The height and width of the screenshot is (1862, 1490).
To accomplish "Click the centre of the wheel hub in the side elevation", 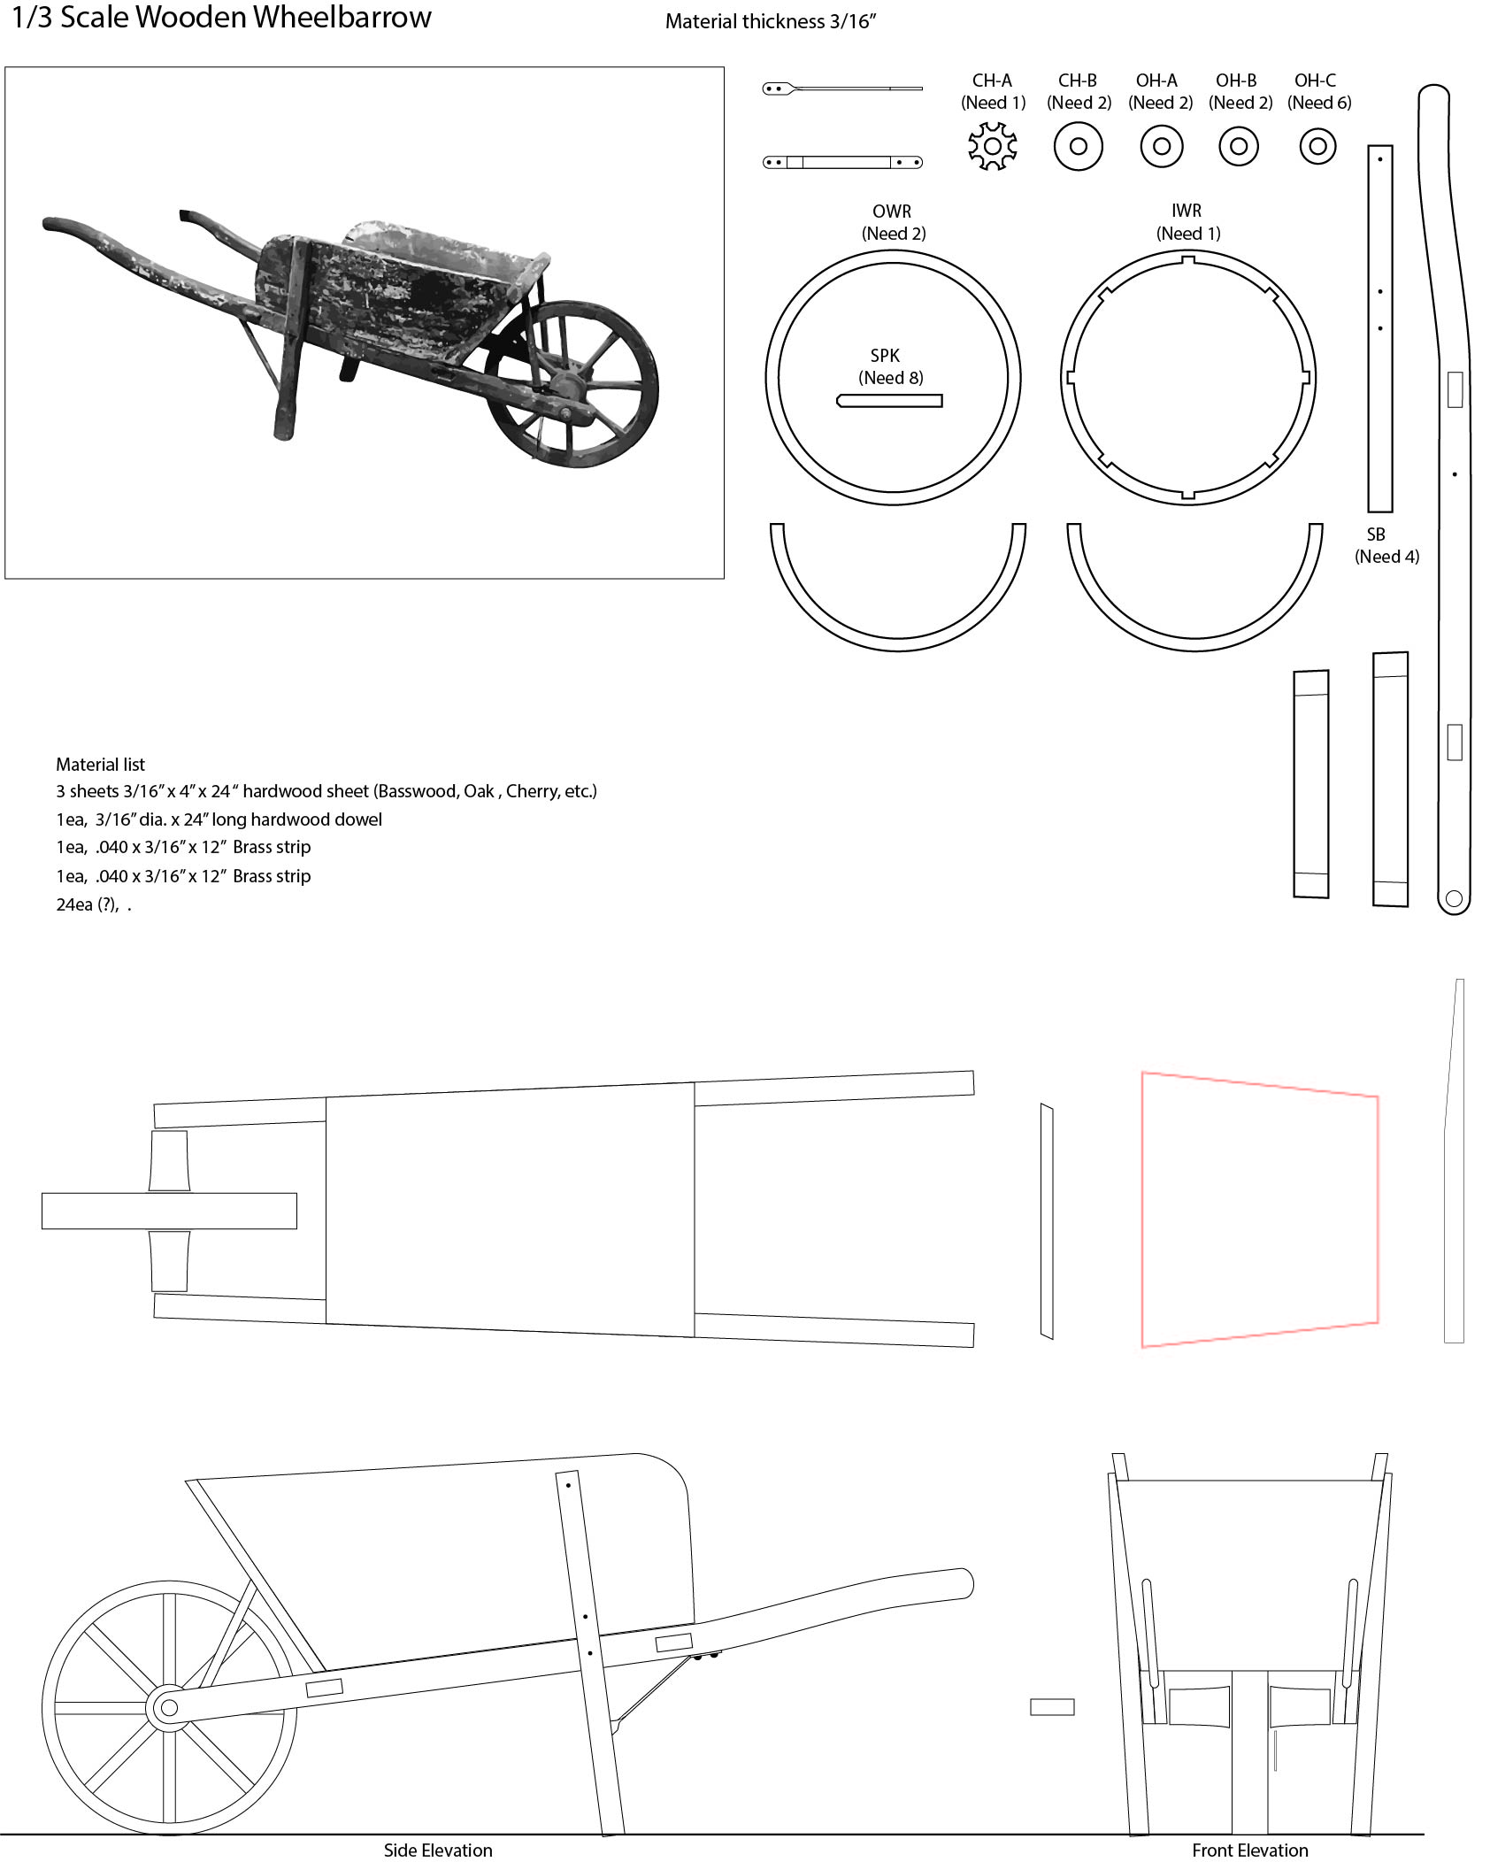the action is point(169,1707).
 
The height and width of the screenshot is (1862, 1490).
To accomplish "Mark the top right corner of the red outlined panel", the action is point(1378,1096).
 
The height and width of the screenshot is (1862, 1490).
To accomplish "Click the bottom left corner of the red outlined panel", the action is point(1142,1346).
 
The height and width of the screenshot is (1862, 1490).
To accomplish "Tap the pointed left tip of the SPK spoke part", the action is point(837,401).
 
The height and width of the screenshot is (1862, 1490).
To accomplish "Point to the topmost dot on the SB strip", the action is point(1380,160).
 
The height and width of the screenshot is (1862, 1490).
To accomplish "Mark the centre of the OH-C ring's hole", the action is point(1317,146).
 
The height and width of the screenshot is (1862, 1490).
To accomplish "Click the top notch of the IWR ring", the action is point(1187,260).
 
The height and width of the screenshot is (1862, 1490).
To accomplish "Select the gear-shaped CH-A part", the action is point(992,146).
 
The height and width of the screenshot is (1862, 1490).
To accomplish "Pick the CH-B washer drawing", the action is point(1078,146).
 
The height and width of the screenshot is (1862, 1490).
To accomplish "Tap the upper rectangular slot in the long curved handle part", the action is point(1455,389).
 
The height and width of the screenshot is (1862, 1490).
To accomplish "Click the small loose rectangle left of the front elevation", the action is point(1052,1707).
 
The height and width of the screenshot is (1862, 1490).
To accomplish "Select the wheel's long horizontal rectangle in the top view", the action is point(169,1211).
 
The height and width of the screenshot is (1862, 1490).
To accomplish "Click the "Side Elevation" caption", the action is point(438,1850).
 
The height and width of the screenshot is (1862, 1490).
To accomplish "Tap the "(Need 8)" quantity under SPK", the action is point(891,378).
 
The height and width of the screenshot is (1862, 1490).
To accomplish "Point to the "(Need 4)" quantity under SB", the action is point(1386,557).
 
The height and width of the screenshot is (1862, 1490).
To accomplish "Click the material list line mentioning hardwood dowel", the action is point(219,819).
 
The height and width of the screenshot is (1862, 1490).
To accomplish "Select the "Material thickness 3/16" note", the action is point(771,22).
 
